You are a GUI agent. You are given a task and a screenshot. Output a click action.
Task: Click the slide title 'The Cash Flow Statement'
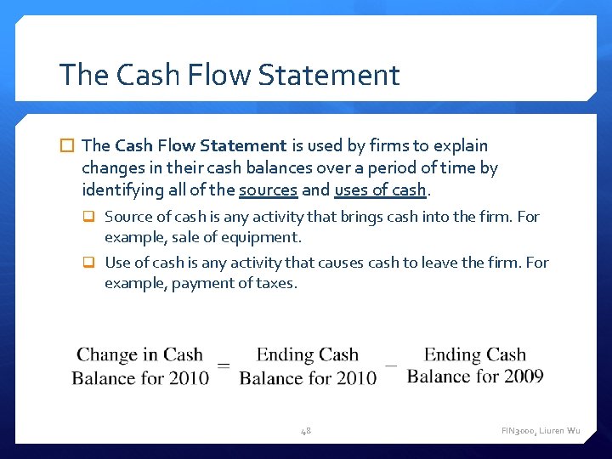point(229,75)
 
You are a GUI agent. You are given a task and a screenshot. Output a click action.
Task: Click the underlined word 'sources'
point(268,189)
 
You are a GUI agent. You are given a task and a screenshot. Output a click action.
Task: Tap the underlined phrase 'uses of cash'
point(380,189)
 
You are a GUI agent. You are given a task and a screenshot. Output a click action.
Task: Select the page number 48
point(305,431)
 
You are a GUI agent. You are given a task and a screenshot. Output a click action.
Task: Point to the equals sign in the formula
point(224,365)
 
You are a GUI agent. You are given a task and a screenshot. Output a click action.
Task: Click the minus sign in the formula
point(391,365)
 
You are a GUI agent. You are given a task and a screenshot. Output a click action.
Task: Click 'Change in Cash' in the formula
point(139,355)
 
